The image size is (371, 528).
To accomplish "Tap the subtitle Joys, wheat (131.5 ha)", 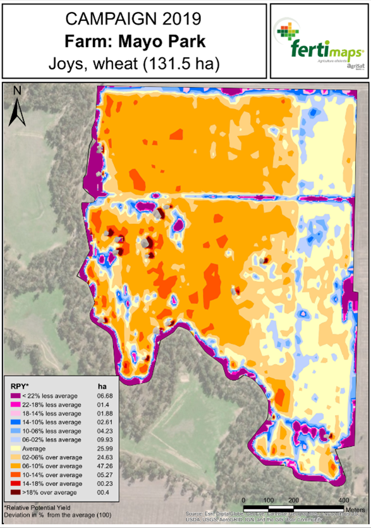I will tap(135, 64).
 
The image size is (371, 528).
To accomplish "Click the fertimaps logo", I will tap(318, 40).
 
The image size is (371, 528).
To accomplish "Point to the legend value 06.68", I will tap(103, 395).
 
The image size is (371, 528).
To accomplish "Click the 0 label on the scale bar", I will tap(243, 500).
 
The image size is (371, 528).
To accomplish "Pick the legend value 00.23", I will tap(103, 483).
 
